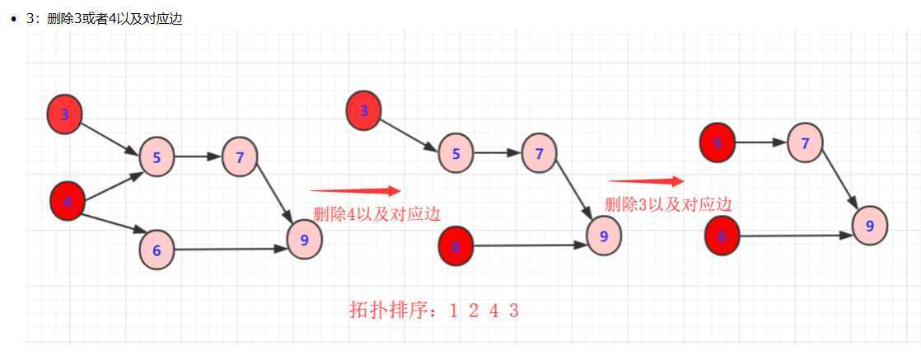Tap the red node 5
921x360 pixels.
717,143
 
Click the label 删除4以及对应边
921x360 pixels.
376,214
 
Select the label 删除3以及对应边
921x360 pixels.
668,204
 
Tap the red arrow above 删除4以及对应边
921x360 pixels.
355,190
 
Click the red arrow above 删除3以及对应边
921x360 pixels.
646,181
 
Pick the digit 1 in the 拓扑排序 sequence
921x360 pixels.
453,311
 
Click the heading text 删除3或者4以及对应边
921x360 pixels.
115,19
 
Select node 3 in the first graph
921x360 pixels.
65,115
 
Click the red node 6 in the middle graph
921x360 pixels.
456,246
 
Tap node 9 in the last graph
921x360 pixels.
869,225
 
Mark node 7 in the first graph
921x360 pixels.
240,157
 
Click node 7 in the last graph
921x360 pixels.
805,143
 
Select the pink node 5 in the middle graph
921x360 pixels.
456,153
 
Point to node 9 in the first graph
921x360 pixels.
305,240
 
